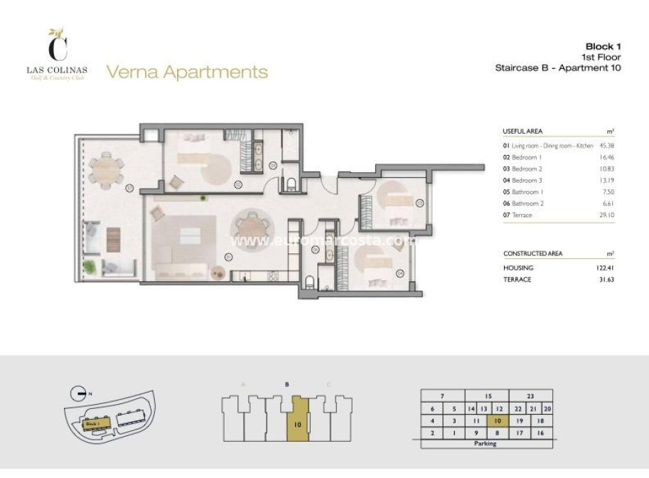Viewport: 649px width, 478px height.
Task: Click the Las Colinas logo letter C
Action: pos(57,48)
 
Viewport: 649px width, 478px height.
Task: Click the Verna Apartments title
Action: pos(187,72)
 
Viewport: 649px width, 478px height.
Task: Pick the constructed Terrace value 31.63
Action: pos(606,280)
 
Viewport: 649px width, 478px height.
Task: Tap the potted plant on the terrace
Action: pos(90,266)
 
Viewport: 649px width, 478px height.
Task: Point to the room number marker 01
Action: pos(228,257)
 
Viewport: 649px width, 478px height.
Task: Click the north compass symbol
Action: pos(80,393)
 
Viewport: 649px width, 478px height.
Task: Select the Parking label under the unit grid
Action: pos(485,443)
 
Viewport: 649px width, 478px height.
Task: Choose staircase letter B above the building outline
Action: pos(286,384)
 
